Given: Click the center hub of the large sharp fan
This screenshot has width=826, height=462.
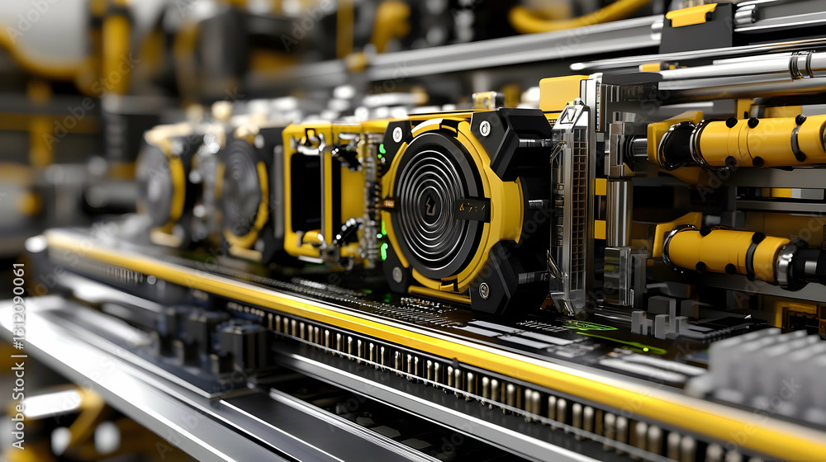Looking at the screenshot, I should pos(430,206).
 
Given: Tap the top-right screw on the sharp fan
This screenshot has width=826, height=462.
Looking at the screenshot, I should pos(485,128).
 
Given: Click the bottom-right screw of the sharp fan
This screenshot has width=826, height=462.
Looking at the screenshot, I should pos(483,290).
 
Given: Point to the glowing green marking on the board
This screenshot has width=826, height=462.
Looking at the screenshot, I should pos(591,327).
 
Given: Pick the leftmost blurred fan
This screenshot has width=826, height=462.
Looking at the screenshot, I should pos(157,186).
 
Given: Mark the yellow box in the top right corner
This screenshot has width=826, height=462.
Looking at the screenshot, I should pos(691,14).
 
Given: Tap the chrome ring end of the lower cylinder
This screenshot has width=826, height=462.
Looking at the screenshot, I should pos(789,264).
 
